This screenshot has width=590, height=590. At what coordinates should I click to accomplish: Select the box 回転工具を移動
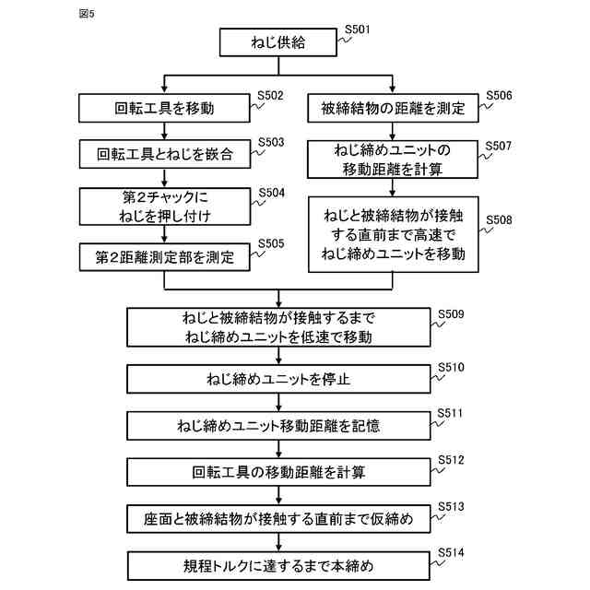pos(163,109)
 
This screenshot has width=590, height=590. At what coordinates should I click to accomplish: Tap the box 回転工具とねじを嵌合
pos(163,155)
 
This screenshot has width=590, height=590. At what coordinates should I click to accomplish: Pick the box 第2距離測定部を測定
pos(163,256)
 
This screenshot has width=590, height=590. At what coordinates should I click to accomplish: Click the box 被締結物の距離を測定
pos(395,109)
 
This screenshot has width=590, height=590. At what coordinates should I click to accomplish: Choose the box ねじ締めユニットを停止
pos(277,378)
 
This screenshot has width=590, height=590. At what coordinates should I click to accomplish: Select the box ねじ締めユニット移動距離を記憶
pos(277,426)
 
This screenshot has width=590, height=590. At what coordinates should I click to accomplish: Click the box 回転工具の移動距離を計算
pos(277,473)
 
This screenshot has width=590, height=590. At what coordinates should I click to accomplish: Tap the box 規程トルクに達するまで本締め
pos(277,564)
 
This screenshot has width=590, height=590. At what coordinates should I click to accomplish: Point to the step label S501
pos(358,29)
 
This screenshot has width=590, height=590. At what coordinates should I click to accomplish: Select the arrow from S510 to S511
pos(277,402)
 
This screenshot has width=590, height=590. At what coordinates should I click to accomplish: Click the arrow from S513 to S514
pos(277,542)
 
